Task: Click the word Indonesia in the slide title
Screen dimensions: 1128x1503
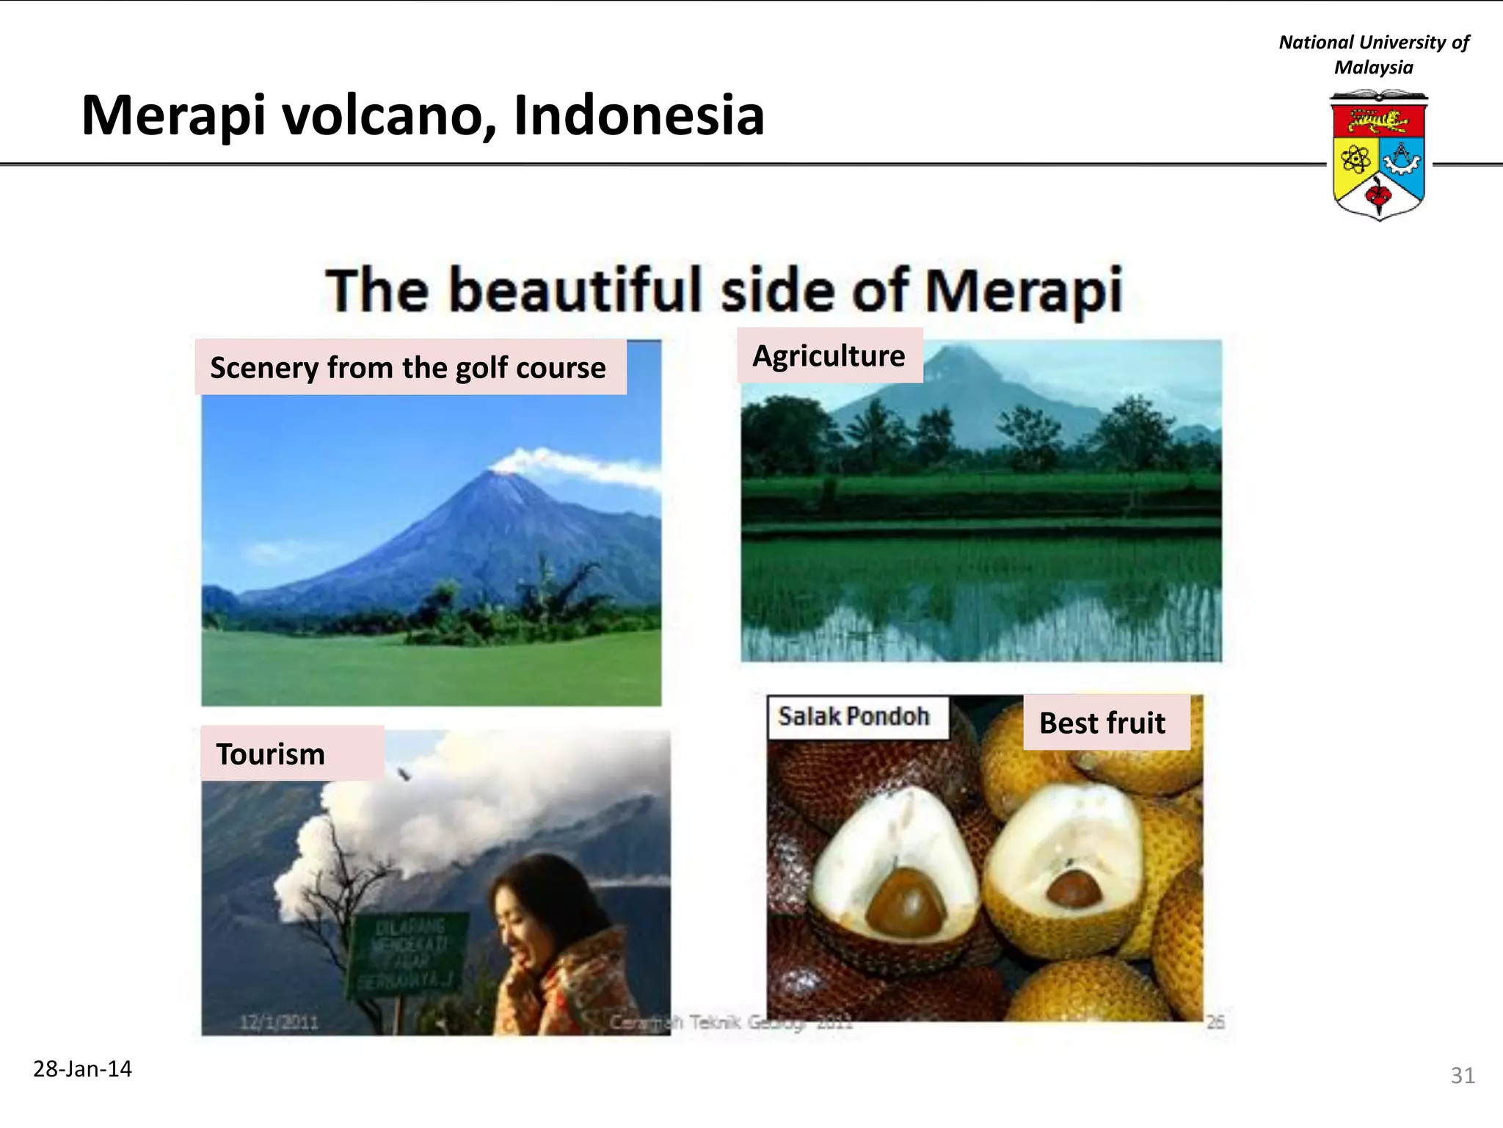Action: [638, 116]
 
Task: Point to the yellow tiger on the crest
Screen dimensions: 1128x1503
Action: [1378, 120]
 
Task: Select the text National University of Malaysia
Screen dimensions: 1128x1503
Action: [1373, 54]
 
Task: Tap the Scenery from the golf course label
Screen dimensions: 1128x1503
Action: [409, 367]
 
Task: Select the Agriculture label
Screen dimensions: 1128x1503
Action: [829, 355]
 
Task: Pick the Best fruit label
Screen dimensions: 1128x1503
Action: [1102, 723]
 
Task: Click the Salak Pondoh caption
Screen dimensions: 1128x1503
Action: [854, 716]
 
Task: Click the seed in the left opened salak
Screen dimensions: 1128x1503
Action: [906, 902]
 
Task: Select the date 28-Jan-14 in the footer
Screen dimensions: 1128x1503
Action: [82, 1069]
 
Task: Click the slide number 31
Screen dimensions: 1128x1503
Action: [1462, 1075]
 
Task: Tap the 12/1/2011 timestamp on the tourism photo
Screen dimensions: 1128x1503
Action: [279, 1022]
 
